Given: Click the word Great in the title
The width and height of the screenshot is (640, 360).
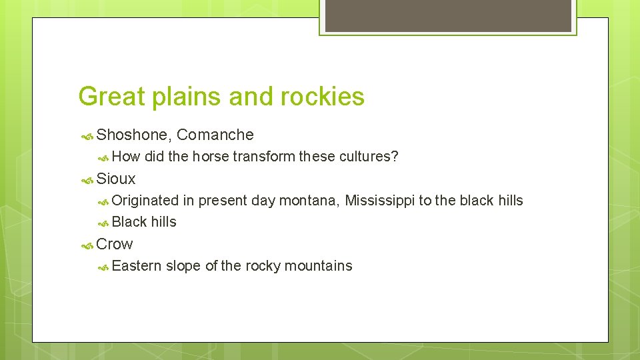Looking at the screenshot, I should click(111, 97).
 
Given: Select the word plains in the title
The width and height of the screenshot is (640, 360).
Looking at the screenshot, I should click(187, 97).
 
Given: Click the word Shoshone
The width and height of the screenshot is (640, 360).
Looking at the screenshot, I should click(134, 135).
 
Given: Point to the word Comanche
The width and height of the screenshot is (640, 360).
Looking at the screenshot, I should click(215, 135).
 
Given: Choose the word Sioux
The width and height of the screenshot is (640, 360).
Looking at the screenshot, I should click(116, 179).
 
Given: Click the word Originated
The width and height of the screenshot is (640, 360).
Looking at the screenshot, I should click(145, 201).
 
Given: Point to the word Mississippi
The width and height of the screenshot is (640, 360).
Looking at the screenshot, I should click(379, 201).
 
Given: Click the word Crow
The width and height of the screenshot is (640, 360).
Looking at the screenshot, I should click(115, 244).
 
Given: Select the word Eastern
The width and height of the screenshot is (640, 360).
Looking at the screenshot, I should click(137, 266).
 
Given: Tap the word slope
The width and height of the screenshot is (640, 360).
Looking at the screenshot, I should click(183, 266).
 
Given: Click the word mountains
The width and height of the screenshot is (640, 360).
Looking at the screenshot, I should click(318, 266).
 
